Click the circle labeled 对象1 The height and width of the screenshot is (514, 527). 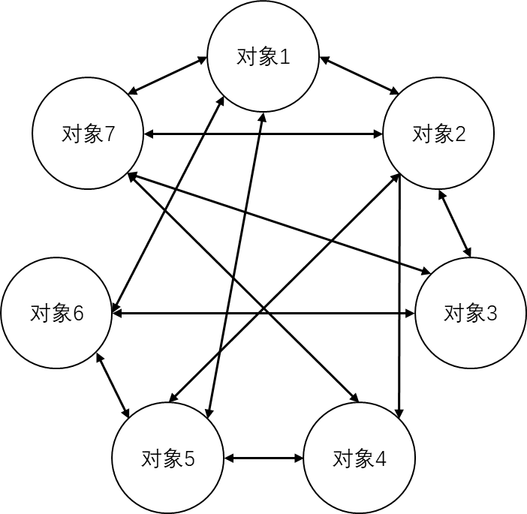pos(263,57)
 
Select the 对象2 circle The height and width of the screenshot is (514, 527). pos(438,134)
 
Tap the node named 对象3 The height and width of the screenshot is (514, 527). pos(471,313)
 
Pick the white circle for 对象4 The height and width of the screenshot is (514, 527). pos(359,458)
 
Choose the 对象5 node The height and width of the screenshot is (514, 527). pos(167,458)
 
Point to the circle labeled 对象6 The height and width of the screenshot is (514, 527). pos(56,313)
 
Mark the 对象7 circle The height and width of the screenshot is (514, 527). pos(88,134)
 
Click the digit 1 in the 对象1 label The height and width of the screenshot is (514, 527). pos(284,58)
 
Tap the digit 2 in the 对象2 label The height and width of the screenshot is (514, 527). pos(459,134)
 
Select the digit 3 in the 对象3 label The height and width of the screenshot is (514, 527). pos(492,314)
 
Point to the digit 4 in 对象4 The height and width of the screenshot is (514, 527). pos(380,458)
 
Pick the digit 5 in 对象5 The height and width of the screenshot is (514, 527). pos(188,458)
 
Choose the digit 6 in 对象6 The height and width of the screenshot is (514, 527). pos(77,314)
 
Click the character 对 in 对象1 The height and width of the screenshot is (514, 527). pos(246,58)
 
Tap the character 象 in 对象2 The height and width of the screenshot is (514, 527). pos(442,134)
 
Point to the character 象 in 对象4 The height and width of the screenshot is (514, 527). pos(363,458)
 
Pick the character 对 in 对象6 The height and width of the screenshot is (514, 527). pos(39,314)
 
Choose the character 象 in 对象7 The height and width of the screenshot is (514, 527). pos(92,134)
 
